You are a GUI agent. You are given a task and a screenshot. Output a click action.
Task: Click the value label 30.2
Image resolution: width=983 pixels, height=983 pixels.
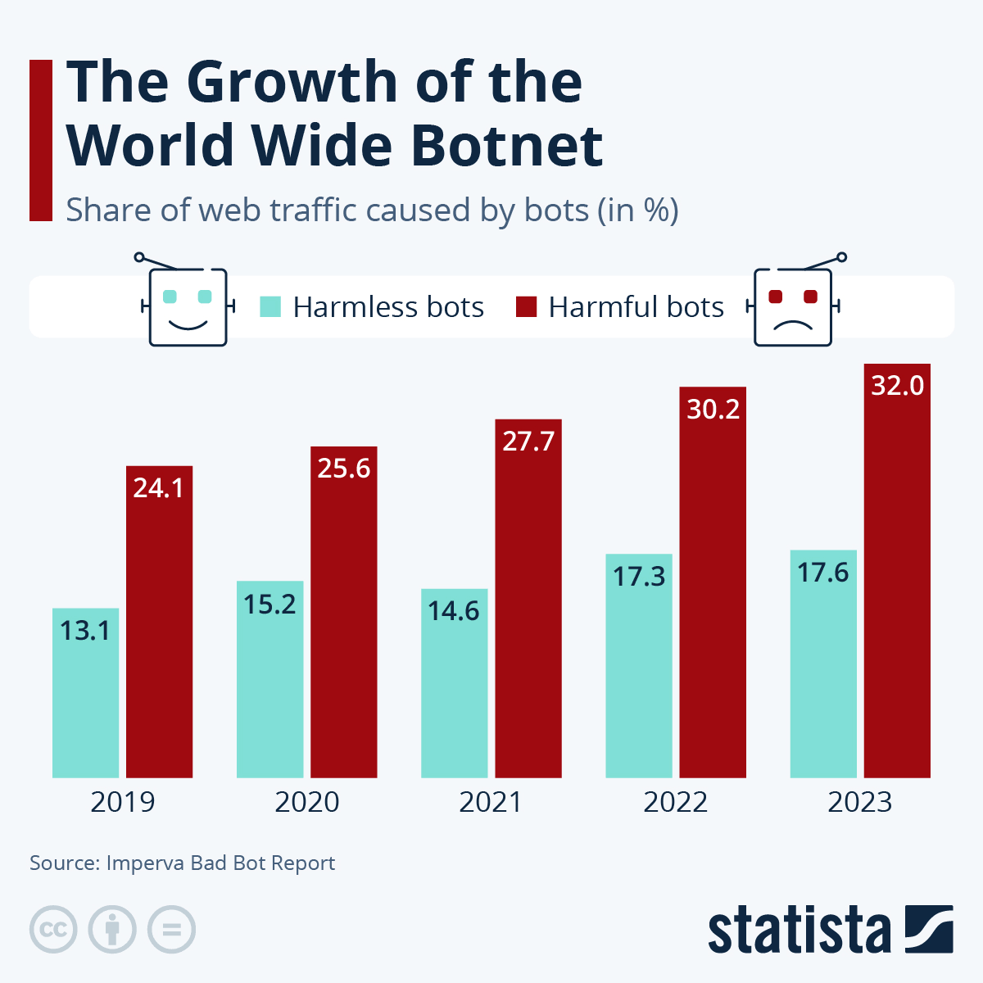tap(713, 409)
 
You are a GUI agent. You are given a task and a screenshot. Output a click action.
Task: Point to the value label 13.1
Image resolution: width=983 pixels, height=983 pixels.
tap(85, 631)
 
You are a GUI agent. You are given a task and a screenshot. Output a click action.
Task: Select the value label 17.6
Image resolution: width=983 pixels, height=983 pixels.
tap(823, 573)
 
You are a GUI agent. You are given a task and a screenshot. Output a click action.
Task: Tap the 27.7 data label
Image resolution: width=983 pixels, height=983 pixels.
tap(528, 442)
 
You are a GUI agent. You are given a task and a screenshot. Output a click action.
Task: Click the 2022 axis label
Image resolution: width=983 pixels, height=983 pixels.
tap(675, 802)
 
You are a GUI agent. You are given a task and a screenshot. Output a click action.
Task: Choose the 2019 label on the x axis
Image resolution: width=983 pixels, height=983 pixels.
tap(122, 802)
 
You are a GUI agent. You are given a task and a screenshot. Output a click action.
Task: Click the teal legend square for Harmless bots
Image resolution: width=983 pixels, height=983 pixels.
tap(270, 307)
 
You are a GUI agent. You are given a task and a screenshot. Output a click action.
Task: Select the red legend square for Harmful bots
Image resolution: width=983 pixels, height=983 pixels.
tap(526, 307)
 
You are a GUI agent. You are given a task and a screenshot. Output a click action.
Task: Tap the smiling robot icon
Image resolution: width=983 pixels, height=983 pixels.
tap(187, 304)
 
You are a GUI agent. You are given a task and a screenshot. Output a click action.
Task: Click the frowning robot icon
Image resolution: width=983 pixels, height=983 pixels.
tap(793, 304)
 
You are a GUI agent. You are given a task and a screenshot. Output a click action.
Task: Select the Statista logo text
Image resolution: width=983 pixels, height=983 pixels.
tap(799, 931)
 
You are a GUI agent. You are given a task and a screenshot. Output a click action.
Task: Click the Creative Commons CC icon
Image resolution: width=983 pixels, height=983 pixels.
tap(53, 930)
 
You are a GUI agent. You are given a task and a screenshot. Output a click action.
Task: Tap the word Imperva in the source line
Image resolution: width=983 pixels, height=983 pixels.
tap(146, 863)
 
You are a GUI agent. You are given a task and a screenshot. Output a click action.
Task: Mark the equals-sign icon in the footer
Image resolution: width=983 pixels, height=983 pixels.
tap(172, 930)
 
